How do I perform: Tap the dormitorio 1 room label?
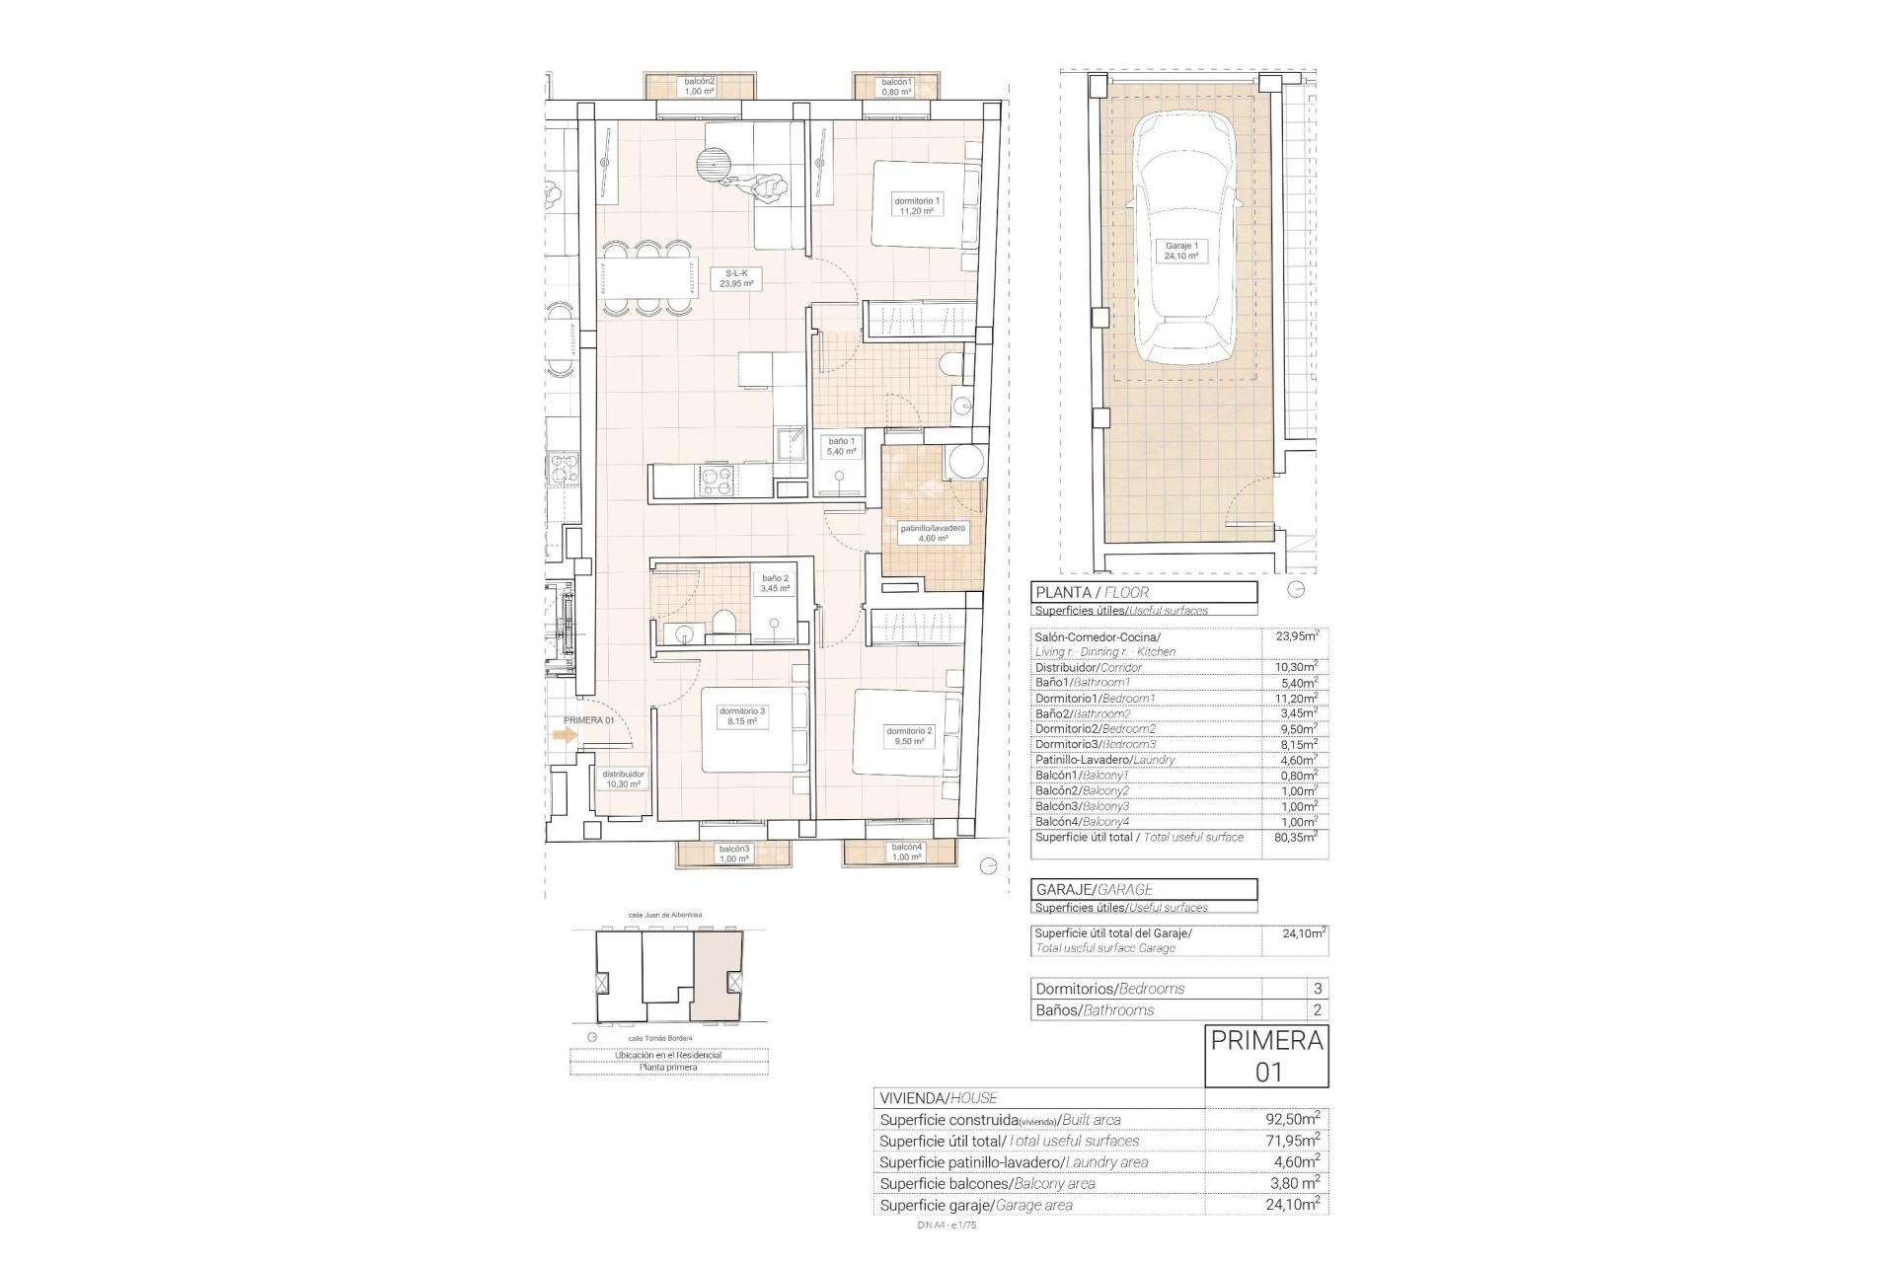click(917, 205)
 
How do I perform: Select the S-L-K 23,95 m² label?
click(736, 278)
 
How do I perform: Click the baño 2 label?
click(775, 583)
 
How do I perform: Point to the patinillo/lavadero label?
click(932, 534)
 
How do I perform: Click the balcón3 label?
click(733, 854)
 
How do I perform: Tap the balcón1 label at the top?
click(896, 87)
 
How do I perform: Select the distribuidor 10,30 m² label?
click(623, 780)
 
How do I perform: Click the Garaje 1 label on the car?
click(1181, 251)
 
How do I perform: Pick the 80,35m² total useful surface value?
click(1296, 838)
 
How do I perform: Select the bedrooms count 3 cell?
click(1318, 989)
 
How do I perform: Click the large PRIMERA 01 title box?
click(1266, 1056)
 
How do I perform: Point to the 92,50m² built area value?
click(1292, 1120)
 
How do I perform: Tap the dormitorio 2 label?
click(908, 736)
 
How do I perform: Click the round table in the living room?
click(715, 163)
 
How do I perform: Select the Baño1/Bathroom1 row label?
click(1082, 683)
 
